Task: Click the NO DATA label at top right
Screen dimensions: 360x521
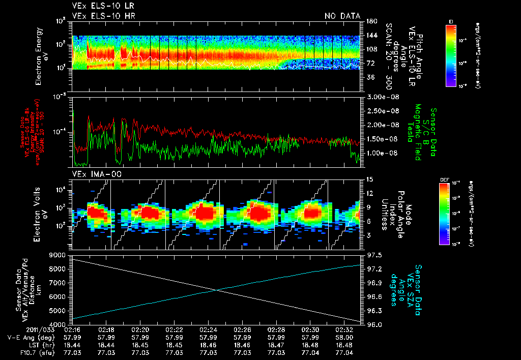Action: pyautogui.click(x=342, y=16)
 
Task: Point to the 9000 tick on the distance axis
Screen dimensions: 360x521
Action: pyautogui.click(x=57, y=255)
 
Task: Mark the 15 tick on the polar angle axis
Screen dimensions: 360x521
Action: pyautogui.click(x=368, y=179)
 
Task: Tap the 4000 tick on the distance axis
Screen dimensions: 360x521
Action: pyautogui.click(x=57, y=324)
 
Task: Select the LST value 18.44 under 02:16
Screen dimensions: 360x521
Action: pyautogui.click(x=72, y=344)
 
